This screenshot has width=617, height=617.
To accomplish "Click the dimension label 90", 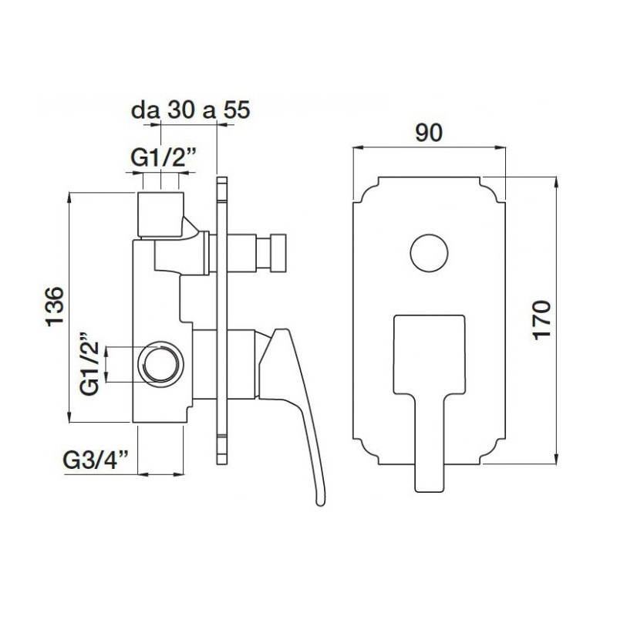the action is tap(429, 133).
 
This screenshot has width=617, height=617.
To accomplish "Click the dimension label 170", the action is tap(542, 320).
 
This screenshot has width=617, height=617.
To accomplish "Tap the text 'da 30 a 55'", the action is tap(190, 110).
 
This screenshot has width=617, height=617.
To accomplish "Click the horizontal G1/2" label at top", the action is tap(164, 158).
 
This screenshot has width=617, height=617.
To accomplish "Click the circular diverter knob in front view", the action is tap(429, 253).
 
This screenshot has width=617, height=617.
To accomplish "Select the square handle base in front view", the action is tap(430, 354).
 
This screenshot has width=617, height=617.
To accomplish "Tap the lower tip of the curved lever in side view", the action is tap(321, 503).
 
